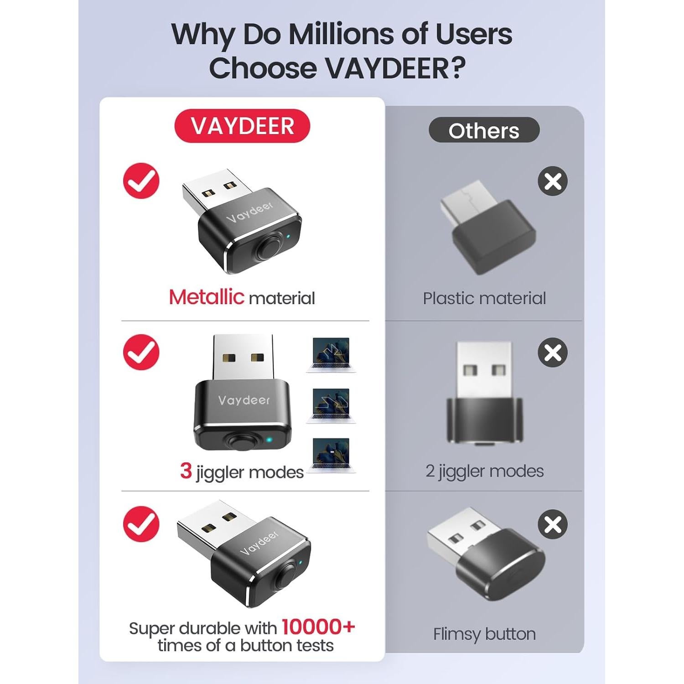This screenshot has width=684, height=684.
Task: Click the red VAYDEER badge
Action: pyautogui.click(x=242, y=126)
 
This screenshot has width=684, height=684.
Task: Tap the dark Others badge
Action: pyautogui.click(x=484, y=130)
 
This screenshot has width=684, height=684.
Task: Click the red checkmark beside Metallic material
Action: pyautogui.click(x=141, y=181)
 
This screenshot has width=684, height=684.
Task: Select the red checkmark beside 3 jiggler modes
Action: pyautogui.click(x=141, y=352)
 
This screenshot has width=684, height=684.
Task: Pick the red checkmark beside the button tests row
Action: pyautogui.click(x=141, y=523)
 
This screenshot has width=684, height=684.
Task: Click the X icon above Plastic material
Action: pyautogui.click(x=553, y=181)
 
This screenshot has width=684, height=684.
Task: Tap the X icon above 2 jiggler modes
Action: pyautogui.click(x=553, y=352)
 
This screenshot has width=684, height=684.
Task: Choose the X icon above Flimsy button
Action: pyautogui.click(x=553, y=524)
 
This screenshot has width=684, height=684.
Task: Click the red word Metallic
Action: pyautogui.click(x=207, y=297)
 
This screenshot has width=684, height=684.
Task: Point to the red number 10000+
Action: pyautogui.click(x=318, y=627)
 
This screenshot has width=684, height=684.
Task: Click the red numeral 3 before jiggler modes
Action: pyautogui.click(x=186, y=471)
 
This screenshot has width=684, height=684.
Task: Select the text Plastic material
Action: pyautogui.click(x=484, y=298)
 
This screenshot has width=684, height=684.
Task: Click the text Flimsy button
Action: pyautogui.click(x=484, y=634)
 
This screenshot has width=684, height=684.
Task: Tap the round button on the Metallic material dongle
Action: pyautogui.click(x=268, y=248)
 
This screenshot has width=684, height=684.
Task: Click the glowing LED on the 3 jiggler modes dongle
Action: pyautogui.click(x=269, y=440)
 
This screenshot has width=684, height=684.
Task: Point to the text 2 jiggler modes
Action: pyautogui.click(x=484, y=471)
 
